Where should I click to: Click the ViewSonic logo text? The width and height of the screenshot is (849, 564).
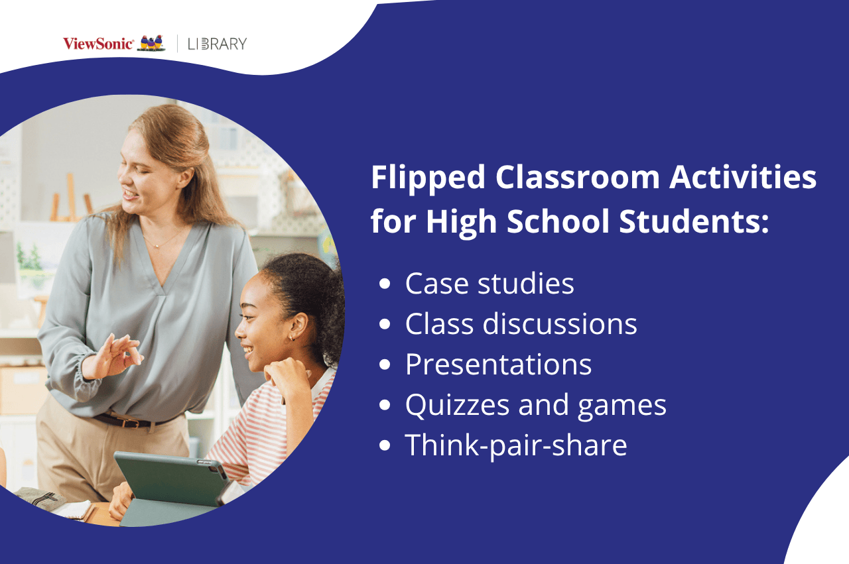pyautogui.click(x=98, y=44)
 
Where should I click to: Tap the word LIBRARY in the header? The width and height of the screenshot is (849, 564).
pyautogui.click(x=217, y=44)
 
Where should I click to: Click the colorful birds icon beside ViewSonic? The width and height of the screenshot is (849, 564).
pyautogui.click(x=151, y=43)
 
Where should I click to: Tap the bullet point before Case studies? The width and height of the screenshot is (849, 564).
pyautogui.click(x=385, y=284)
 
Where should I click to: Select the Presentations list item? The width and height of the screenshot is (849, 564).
pyautogui.click(x=498, y=365)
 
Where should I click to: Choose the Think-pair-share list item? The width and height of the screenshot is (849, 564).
pyautogui.click(x=516, y=445)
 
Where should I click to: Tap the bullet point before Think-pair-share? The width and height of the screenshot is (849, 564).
pyautogui.click(x=385, y=446)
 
